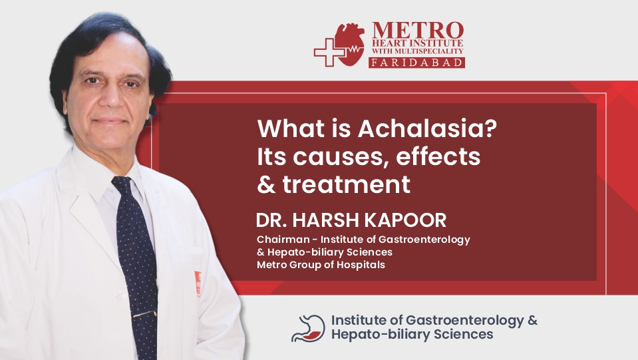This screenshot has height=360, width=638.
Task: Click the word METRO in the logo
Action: [417, 31]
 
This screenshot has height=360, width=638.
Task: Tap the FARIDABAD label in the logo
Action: [417, 63]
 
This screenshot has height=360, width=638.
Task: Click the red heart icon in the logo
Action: [350, 44]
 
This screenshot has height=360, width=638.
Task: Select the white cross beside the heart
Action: [329, 52]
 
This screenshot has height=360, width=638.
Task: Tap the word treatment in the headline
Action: [346, 184]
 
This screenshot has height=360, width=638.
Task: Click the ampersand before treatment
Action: [267, 184]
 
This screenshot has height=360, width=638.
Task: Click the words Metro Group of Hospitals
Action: [321, 265]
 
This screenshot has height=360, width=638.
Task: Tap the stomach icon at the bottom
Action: [308, 328]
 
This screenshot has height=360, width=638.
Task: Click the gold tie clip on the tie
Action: [144, 313]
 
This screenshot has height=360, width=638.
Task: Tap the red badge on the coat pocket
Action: [198, 283]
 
